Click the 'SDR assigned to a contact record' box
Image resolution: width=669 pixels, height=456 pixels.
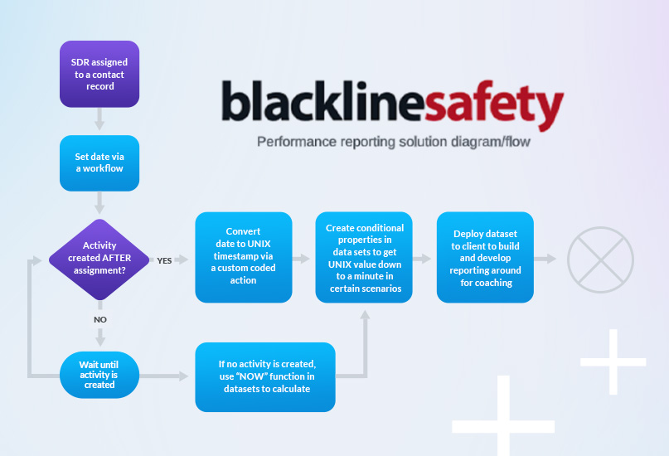click(x=99, y=74)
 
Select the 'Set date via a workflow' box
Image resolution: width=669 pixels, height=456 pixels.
click(x=99, y=162)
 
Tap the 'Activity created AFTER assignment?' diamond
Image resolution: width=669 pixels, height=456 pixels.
click(x=99, y=258)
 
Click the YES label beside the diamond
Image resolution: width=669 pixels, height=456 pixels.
click(x=164, y=260)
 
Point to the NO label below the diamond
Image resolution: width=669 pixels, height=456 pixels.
click(x=99, y=318)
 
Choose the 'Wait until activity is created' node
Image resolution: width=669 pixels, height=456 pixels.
click(x=99, y=374)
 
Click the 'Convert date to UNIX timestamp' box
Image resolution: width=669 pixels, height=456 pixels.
click(x=244, y=257)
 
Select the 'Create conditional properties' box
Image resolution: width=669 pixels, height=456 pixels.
click(x=364, y=257)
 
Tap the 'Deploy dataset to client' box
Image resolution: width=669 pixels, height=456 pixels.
click(x=485, y=257)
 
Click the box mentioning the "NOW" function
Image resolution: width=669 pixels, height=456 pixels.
click(x=265, y=376)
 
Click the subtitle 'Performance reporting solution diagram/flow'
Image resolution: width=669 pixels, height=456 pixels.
click(x=393, y=142)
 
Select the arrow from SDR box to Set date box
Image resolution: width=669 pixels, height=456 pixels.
click(x=99, y=121)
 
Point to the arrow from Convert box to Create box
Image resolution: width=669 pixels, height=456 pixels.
click(x=303, y=258)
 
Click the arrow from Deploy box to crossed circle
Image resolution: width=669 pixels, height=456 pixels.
click(x=545, y=258)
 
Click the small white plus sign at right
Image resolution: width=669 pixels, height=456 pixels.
click(x=613, y=361)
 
